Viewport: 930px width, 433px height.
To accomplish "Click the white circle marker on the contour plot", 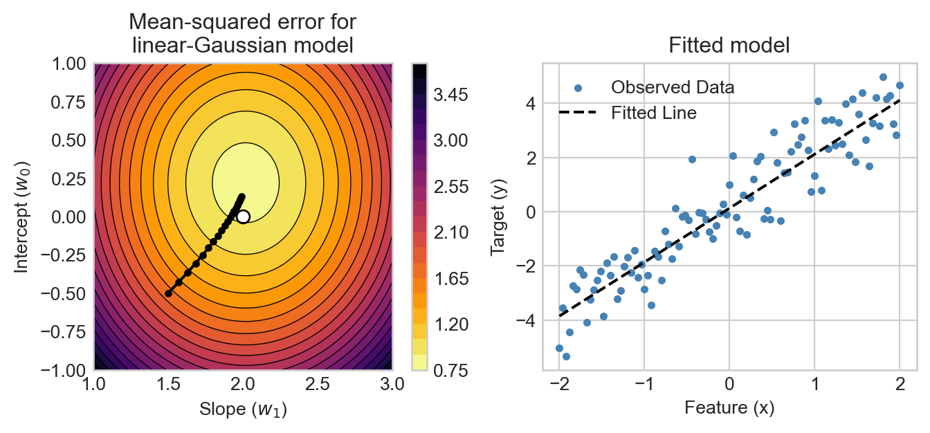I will pyautogui.click(x=243, y=217).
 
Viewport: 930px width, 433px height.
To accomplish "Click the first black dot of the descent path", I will pyautogui.click(x=168, y=293).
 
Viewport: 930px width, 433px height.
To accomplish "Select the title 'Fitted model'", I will pyautogui.click(x=729, y=46).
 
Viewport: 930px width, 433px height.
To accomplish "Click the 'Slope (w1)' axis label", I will pyautogui.click(x=243, y=409).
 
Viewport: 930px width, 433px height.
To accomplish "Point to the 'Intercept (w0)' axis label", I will pyautogui.click(x=23, y=217).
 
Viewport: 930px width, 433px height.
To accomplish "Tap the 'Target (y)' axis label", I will pyautogui.click(x=498, y=217).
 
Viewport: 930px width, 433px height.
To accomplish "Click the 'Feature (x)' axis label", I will pyautogui.click(x=729, y=408).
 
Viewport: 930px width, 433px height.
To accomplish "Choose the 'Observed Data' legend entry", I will pyautogui.click(x=672, y=88).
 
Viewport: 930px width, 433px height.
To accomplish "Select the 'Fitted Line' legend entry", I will pyautogui.click(x=653, y=113).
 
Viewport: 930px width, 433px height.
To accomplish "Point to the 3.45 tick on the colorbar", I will pyautogui.click(x=452, y=94).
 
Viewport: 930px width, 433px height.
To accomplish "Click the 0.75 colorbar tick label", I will pyautogui.click(x=452, y=370).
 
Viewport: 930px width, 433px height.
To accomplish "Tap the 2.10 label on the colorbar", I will pyautogui.click(x=452, y=232).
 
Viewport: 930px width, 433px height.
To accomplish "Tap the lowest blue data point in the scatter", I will pyautogui.click(x=566, y=356).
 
